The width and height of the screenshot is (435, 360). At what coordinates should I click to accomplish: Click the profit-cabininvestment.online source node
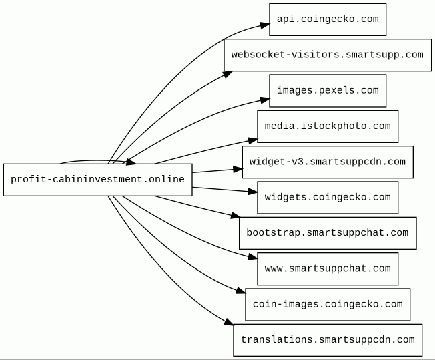97,180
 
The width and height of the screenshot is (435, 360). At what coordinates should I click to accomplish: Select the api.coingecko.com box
328,19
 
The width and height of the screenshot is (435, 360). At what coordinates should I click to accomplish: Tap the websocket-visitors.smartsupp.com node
328,55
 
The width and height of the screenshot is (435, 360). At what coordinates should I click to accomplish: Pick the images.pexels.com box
328,91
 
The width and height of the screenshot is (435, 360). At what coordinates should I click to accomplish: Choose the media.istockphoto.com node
328,126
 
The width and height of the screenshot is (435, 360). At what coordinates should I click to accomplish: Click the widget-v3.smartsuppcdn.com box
328,162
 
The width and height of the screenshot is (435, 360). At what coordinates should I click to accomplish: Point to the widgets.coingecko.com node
328,198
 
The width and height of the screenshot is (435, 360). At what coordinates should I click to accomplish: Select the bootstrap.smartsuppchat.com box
328,233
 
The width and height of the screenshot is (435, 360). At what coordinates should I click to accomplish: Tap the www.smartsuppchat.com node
328,268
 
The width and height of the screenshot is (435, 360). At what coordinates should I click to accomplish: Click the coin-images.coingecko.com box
328,304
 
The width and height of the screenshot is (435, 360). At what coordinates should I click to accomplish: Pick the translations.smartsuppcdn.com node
328,340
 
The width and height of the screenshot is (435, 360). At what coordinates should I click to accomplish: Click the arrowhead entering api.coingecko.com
265,25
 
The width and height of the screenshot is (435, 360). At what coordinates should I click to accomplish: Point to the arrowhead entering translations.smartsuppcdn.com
229,322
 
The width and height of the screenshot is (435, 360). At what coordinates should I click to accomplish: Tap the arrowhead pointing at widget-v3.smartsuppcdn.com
238,169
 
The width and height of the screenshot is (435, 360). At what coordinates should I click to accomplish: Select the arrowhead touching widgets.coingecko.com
253,192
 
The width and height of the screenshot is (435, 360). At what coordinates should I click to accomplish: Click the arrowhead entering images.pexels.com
265,100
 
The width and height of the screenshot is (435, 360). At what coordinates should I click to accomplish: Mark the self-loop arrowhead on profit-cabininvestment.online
131,162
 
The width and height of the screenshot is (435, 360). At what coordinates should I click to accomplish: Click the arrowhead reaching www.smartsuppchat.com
253,257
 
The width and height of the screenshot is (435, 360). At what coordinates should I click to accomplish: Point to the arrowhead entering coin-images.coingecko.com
241,291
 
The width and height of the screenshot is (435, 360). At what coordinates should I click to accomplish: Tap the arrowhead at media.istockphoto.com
253,140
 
